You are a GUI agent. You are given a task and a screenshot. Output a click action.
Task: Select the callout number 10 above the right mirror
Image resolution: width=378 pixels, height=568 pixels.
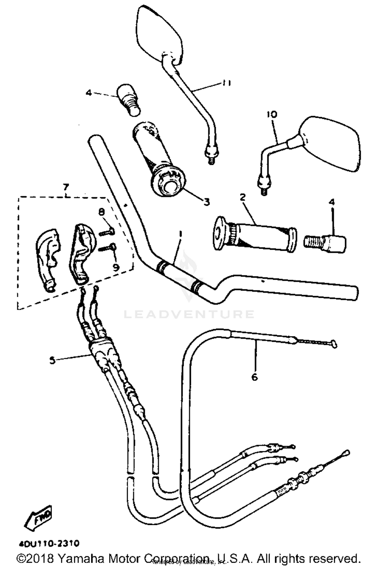click(272, 114)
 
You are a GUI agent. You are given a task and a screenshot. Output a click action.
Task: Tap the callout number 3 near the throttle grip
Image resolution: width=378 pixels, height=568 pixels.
click(206, 202)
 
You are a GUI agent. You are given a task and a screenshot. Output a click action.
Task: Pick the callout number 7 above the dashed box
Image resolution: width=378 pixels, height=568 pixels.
click(66, 187)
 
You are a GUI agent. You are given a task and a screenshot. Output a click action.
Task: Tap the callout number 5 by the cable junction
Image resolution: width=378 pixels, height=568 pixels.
click(52, 360)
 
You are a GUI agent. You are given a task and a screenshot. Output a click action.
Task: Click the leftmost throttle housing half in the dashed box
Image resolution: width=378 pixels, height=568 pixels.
click(48, 258)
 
